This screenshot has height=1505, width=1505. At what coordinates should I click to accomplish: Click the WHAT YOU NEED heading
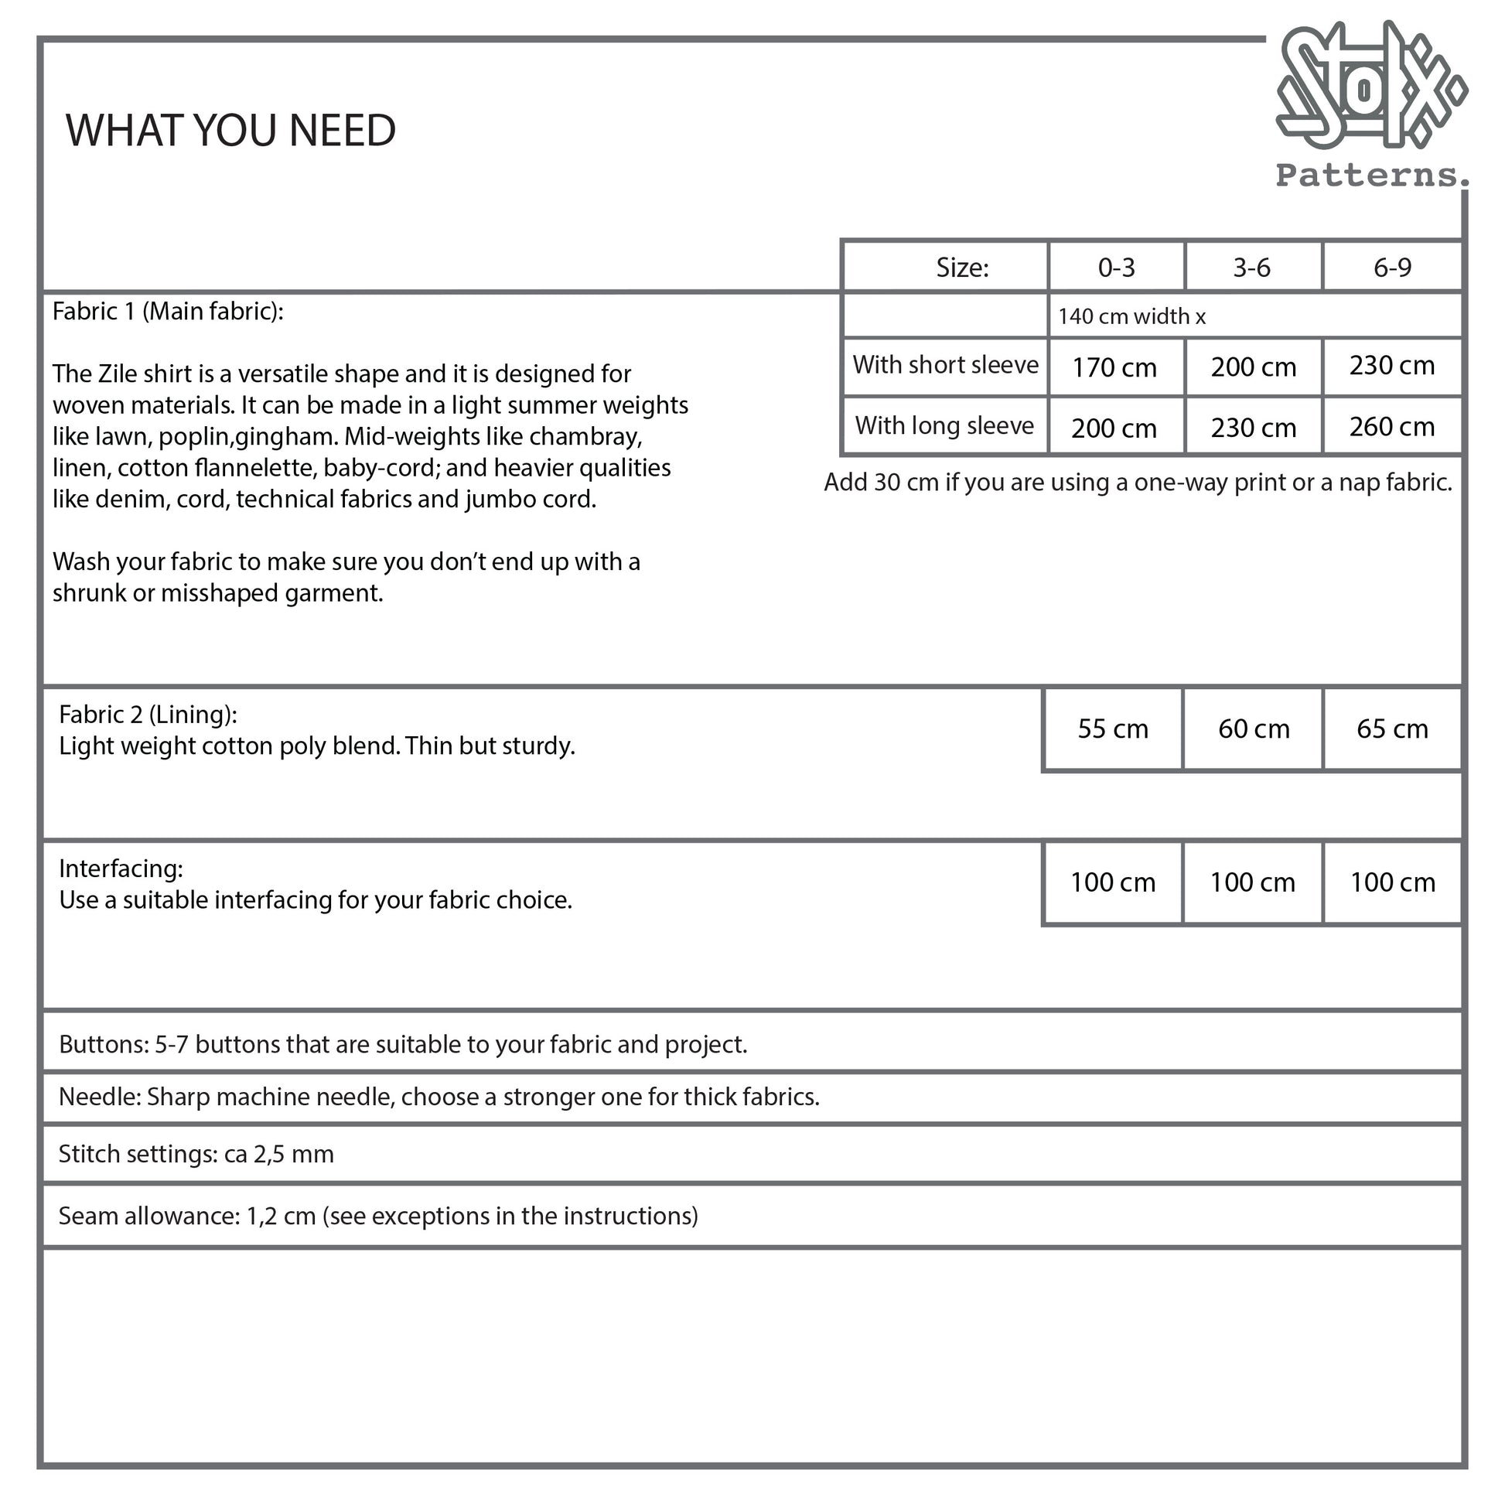pos(230,130)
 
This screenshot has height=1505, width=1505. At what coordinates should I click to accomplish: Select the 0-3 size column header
pos(1116,268)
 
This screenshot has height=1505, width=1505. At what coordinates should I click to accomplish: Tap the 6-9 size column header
pos(1392,268)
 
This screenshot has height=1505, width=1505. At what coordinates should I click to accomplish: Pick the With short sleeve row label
pos(945,365)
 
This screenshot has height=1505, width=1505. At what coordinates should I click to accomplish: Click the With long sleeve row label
pos(944,426)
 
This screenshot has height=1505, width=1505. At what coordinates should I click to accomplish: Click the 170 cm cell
pos(1114,367)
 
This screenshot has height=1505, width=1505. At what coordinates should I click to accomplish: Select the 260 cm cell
pos(1391,427)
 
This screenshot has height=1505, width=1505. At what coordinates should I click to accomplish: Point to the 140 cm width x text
pos(1131,316)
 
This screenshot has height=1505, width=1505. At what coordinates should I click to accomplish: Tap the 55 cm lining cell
pos(1112,729)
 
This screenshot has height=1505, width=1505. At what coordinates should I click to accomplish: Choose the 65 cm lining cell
pos(1392,729)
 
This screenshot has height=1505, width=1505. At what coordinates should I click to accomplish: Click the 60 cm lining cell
pos(1254,729)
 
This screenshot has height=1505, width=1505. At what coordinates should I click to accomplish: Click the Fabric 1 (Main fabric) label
pos(168,312)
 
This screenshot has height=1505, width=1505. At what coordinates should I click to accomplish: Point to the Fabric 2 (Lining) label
pos(148,715)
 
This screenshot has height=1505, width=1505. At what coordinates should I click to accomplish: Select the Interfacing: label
pos(121,869)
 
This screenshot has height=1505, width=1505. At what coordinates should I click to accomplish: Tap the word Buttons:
pos(104,1044)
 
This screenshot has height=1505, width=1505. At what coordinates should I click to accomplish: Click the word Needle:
pos(100,1097)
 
